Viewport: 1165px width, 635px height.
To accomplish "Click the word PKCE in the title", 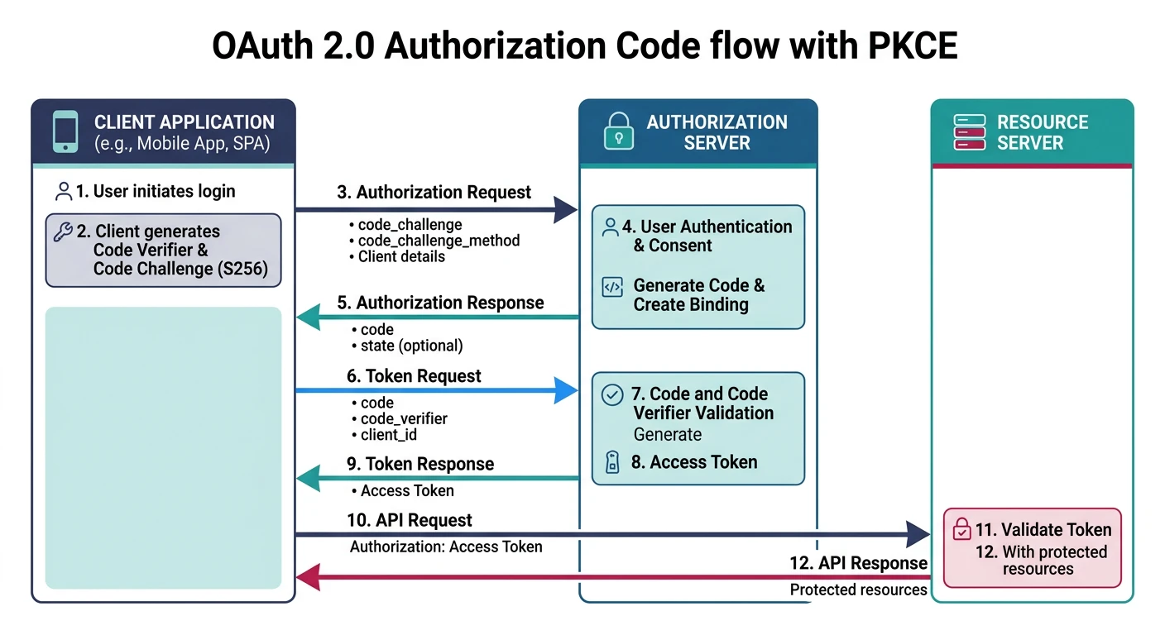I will pos(913,45).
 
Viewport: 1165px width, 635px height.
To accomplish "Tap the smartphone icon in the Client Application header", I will pos(65,132).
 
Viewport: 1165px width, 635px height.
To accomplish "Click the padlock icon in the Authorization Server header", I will pos(617,132).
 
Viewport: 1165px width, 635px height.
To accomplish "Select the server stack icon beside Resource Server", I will pos(969,132).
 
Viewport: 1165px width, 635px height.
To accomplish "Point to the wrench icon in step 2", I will pos(63,232).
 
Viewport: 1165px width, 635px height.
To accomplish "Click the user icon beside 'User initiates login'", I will pos(64,192).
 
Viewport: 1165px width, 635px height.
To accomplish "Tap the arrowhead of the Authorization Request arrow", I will pos(565,210).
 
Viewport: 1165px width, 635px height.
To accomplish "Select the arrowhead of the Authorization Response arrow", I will pos(308,317).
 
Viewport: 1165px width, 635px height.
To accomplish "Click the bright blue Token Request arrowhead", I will pos(565,389).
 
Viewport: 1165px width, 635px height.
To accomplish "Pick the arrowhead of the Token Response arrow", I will pos(308,478).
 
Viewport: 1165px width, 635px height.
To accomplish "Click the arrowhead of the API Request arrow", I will pos(918,534).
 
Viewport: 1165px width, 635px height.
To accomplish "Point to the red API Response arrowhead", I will pos(308,577).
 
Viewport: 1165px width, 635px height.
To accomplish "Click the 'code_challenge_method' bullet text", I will pos(439,241).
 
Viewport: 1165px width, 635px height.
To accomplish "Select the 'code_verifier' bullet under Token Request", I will pos(404,419).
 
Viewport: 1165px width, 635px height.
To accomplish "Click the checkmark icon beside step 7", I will pos(611,395).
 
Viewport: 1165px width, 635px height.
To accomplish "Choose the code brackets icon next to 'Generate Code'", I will pos(611,288).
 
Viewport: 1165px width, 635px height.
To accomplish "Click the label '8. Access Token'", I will pos(693,462).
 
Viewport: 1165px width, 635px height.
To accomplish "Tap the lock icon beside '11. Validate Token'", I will pos(961,529).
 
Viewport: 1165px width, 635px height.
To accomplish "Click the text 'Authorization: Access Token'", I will pos(446,547).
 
